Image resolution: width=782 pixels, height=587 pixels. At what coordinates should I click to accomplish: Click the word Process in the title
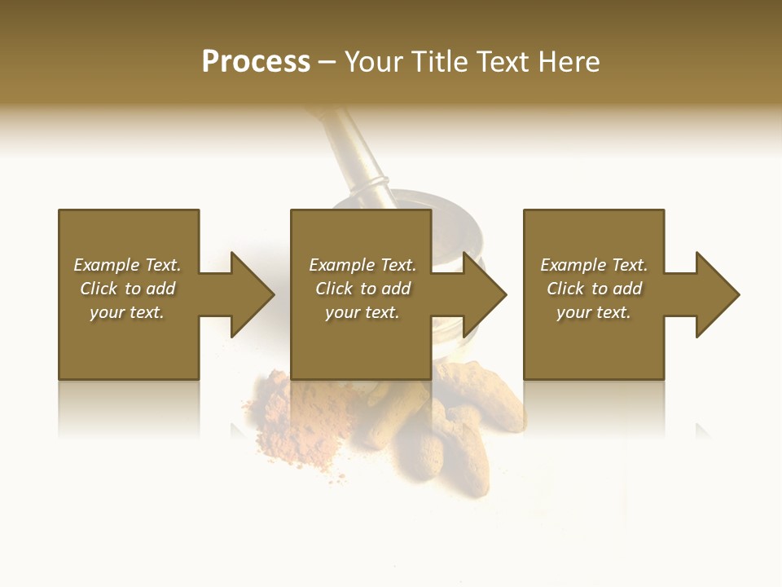pos(256,62)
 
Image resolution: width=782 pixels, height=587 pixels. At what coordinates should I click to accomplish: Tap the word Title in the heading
pos(439,62)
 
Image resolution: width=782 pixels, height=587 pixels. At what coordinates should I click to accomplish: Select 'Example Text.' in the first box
pos(128,265)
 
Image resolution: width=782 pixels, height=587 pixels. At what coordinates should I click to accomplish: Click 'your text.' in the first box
pos(128,312)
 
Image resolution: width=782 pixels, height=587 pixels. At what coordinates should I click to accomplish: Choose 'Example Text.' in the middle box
pos(362,265)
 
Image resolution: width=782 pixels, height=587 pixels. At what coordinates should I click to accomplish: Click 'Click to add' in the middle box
pos(362,289)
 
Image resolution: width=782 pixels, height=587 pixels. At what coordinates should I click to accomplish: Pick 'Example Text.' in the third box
pos(594,265)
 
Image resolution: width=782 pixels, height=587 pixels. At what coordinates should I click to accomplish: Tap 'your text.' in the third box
pos(594,312)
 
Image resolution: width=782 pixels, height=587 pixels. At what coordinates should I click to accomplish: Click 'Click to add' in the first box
pos(128,289)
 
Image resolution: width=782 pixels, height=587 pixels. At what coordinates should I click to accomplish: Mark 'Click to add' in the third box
pos(594,289)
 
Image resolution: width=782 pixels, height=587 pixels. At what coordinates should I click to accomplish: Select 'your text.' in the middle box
pos(362,312)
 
